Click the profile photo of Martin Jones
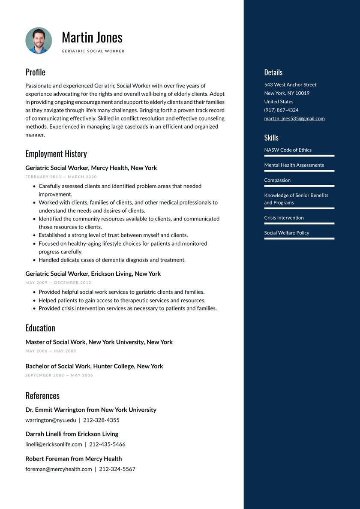coord(39,41)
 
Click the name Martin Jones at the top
coord(92,37)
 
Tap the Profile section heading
coord(35,72)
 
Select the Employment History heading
coord(56,154)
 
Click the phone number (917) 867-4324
coord(281,110)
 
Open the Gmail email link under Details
coord(294,119)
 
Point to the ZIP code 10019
coord(302,93)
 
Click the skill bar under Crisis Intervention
coord(299,223)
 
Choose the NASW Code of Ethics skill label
coord(288,150)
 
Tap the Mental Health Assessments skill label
coord(294,165)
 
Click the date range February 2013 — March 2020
coord(61,177)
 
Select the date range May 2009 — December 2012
coord(58,283)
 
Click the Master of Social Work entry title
coord(99,342)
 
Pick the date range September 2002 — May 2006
coord(59,375)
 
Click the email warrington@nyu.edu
coord(51,420)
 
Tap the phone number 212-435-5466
coord(107,444)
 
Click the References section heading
coord(42,396)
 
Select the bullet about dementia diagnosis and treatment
coord(112,260)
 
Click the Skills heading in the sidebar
coord(271,138)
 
